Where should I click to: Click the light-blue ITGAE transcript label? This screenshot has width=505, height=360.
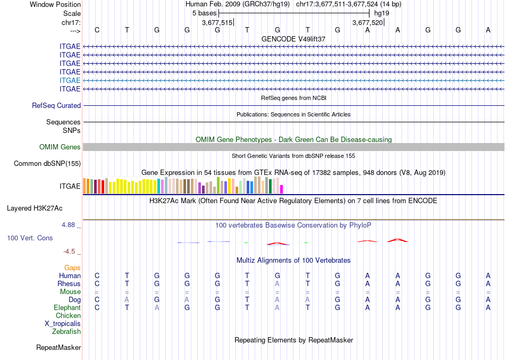pos(70,80)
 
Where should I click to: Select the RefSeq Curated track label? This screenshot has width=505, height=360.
pos(56,106)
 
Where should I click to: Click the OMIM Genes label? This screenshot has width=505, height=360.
pos(60,147)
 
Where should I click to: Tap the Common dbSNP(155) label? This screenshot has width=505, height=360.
pos(47,164)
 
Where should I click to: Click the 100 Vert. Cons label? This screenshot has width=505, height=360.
pos(30,238)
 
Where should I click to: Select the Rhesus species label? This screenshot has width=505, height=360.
pos(69,284)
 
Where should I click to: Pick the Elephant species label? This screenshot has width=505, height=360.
pos(67,308)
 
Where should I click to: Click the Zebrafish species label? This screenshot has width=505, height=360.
pos(66,332)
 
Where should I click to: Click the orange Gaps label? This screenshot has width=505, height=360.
pos(72,268)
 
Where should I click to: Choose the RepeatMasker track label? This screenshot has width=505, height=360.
pos(58,348)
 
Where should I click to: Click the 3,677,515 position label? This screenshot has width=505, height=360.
pos(217,23)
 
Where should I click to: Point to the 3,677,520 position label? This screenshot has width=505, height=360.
pos(367,23)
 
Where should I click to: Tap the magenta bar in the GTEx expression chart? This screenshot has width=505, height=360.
pos(282,189)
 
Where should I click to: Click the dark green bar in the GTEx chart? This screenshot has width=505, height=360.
pos(271,186)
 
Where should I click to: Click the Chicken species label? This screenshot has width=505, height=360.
pos(69,316)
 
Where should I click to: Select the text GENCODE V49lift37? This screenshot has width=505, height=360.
pos(293,39)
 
